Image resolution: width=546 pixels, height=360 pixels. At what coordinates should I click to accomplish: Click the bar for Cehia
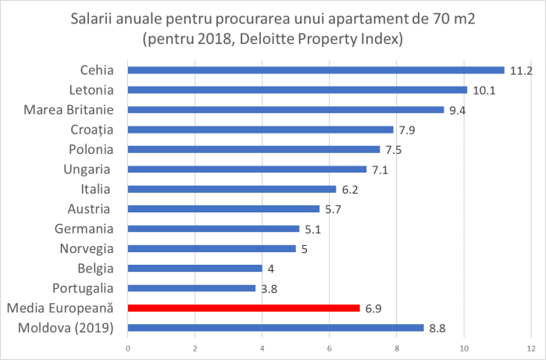316,70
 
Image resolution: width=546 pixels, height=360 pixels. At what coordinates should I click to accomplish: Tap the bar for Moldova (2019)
275,328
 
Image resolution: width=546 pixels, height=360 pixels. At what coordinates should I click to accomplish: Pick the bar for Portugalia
191,288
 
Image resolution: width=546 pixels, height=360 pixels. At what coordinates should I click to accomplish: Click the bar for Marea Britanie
286,109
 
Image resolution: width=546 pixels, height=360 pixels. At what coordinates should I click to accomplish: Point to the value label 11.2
521,70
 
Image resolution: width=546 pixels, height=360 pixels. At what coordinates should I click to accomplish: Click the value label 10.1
484,90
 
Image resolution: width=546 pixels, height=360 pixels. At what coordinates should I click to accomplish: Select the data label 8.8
438,329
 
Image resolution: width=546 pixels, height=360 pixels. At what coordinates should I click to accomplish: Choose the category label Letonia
93,90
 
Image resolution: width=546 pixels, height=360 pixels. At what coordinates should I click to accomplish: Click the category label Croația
93,130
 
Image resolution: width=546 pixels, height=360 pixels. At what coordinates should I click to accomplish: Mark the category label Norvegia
87,249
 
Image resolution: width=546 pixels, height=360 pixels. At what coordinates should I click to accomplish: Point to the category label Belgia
96,269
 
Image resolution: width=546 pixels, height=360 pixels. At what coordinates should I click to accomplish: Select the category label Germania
84,229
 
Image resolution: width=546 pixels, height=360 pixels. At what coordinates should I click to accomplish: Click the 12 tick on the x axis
531,348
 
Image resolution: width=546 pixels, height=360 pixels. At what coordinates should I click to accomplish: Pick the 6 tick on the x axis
330,348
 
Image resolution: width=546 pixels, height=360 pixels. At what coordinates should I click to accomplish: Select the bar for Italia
232,189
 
